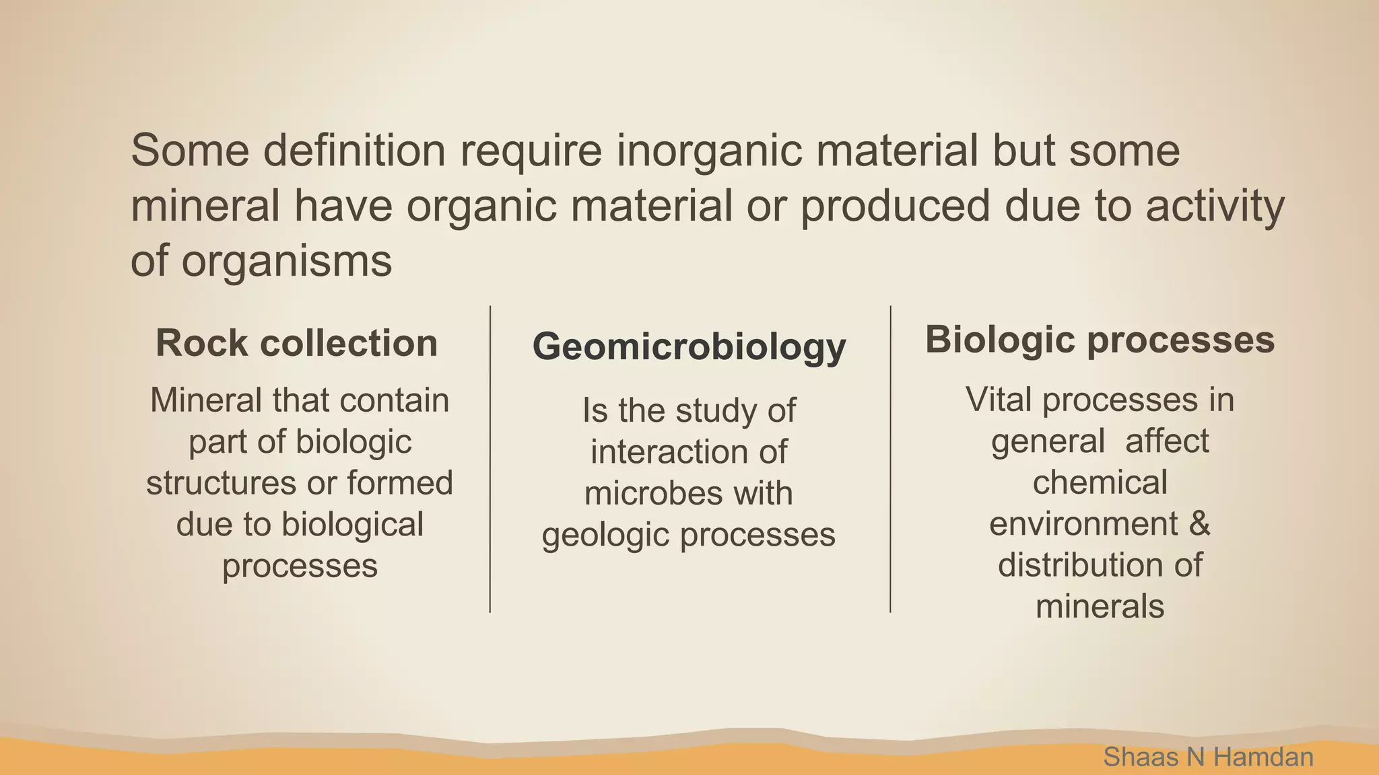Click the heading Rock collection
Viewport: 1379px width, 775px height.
[296, 343]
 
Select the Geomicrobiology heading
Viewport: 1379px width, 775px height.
[689, 347]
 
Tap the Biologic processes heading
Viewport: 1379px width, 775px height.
[1100, 339]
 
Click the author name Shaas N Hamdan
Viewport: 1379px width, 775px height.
[1208, 757]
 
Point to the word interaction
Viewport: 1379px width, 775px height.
[670, 451]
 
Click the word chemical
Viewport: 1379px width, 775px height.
[1100, 482]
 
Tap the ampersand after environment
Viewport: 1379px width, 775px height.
[1199, 523]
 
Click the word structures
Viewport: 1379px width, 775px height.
[222, 483]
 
